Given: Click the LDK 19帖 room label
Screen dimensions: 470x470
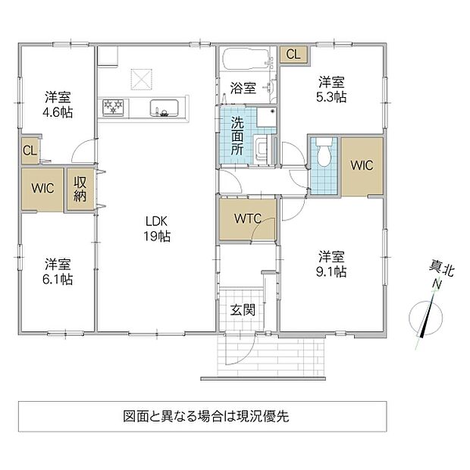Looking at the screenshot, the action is pyautogui.click(x=158, y=229).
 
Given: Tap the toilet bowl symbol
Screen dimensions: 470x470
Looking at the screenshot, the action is pyautogui.click(x=324, y=152).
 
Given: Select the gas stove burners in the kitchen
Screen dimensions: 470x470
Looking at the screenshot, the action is pyautogui.click(x=113, y=107).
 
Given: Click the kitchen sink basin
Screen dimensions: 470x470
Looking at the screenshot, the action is pyautogui.click(x=164, y=108).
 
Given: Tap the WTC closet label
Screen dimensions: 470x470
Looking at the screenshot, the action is pyautogui.click(x=248, y=218).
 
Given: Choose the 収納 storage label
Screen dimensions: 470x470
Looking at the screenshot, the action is pyautogui.click(x=80, y=189).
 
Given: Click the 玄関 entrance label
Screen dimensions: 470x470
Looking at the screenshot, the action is pyautogui.click(x=243, y=310).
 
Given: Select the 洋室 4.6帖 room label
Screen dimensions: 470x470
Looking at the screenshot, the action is pyautogui.click(x=58, y=105).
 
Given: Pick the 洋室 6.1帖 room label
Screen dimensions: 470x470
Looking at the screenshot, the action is pyautogui.click(x=58, y=271).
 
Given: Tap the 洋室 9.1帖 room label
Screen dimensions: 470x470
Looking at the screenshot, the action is pyautogui.click(x=331, y=264).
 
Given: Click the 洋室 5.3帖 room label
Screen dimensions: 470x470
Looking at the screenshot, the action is pyautogui.click(x=331, y=89).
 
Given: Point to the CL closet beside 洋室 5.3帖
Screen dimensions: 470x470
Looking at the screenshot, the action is pyautogui.click(x=293, y=55).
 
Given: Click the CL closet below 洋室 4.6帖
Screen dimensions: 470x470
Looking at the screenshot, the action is pyautogui.click(x=30, y=150).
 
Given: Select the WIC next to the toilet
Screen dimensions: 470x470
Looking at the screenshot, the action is pyautogui.click(x=362, y=165).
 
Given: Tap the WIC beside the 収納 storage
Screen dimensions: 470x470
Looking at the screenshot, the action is pyautogui.click(x=42, y=189).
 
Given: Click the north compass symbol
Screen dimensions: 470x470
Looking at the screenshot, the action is pyautogui.click(x=426, y=317).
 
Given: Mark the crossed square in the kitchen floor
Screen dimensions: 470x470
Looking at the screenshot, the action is pyautogui.click(x=142, y=79).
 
